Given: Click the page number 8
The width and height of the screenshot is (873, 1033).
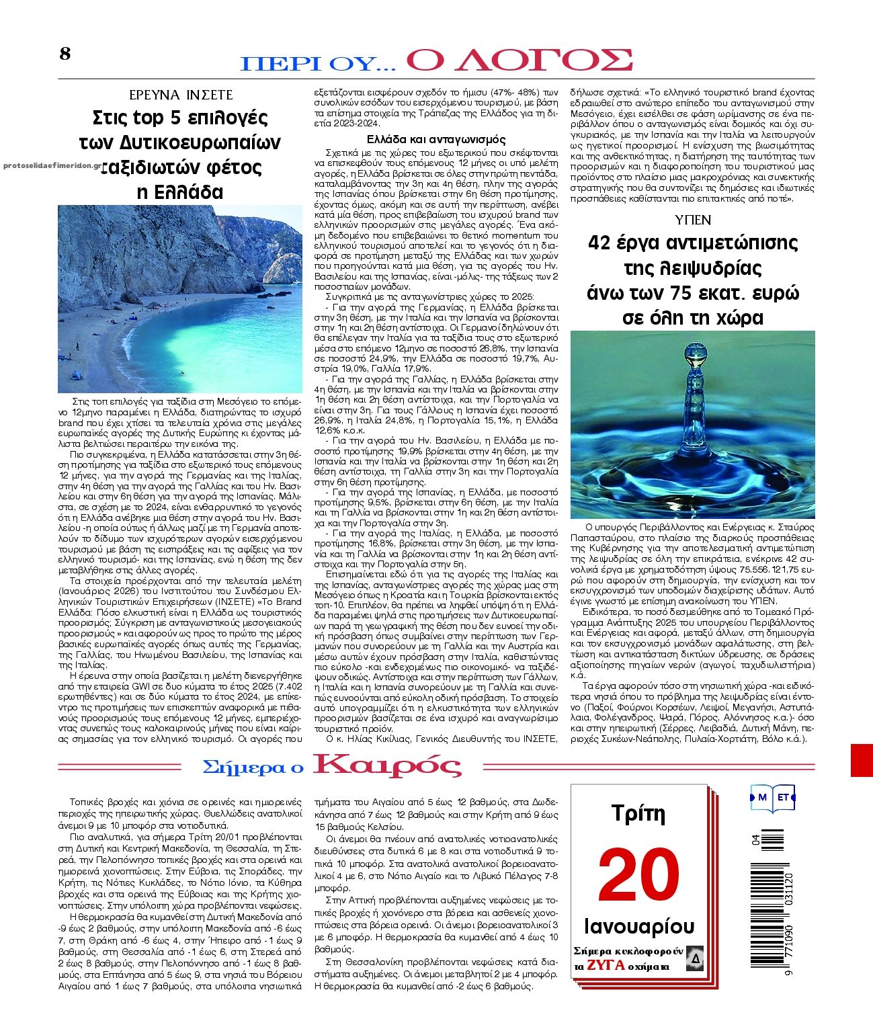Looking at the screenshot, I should [x=65, y=54].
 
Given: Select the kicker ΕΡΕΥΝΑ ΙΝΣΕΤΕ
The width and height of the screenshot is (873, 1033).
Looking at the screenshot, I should [x=181, y=95].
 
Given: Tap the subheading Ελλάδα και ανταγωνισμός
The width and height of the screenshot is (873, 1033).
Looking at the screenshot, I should [x=435, y=140].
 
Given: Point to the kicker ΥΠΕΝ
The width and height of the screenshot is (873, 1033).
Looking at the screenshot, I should [x=692, y=220].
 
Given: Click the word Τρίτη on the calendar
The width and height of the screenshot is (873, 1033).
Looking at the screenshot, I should [x=638, y=814].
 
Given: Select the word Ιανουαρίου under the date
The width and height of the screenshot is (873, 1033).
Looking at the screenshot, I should [x=639, y=926].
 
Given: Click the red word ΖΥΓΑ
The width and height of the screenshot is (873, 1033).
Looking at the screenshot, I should [x=606, y=966].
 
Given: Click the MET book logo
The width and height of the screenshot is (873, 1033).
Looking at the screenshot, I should [x=773, y=798].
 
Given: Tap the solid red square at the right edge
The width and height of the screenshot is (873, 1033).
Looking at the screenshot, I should [x=861, y=760].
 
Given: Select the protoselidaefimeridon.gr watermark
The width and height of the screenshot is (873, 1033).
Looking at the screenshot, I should [x=52, y=165].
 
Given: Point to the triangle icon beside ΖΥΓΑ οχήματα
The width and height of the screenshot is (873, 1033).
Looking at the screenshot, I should [x=695, y=959].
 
